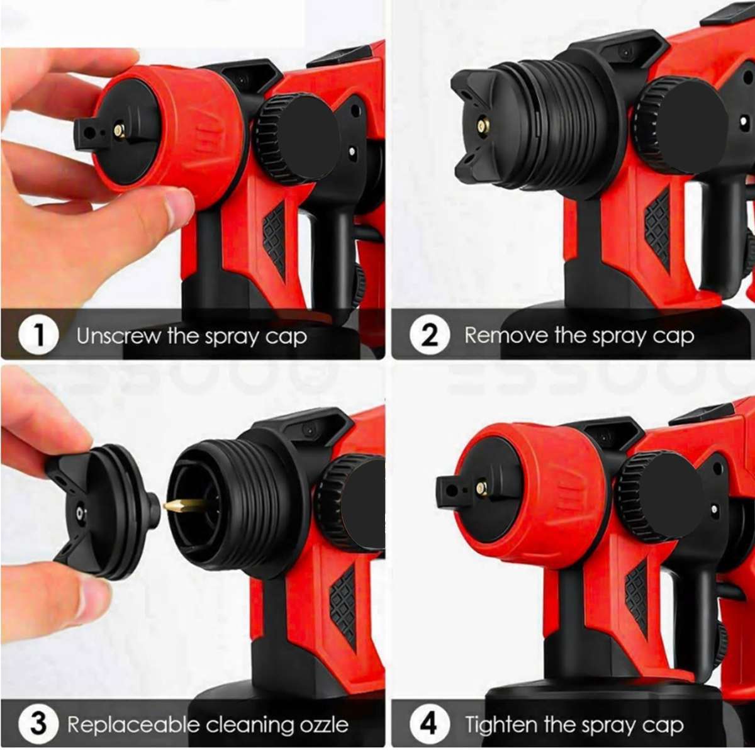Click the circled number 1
pyautogui.click(x=38, y=335)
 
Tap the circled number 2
pyautogui.click(x=429, y=335)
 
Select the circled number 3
pyautogui.click(x=38, y=724)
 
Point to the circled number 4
pyautogui.click(x=429, y=724)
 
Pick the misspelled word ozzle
pyautogui.click(x=324, y=725)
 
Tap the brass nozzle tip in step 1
pyautogui.click(x=118, y=131)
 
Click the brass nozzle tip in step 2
pyautogui.click(x=483, y=126)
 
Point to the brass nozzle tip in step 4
pyautogui.click(x=481, y=488)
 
